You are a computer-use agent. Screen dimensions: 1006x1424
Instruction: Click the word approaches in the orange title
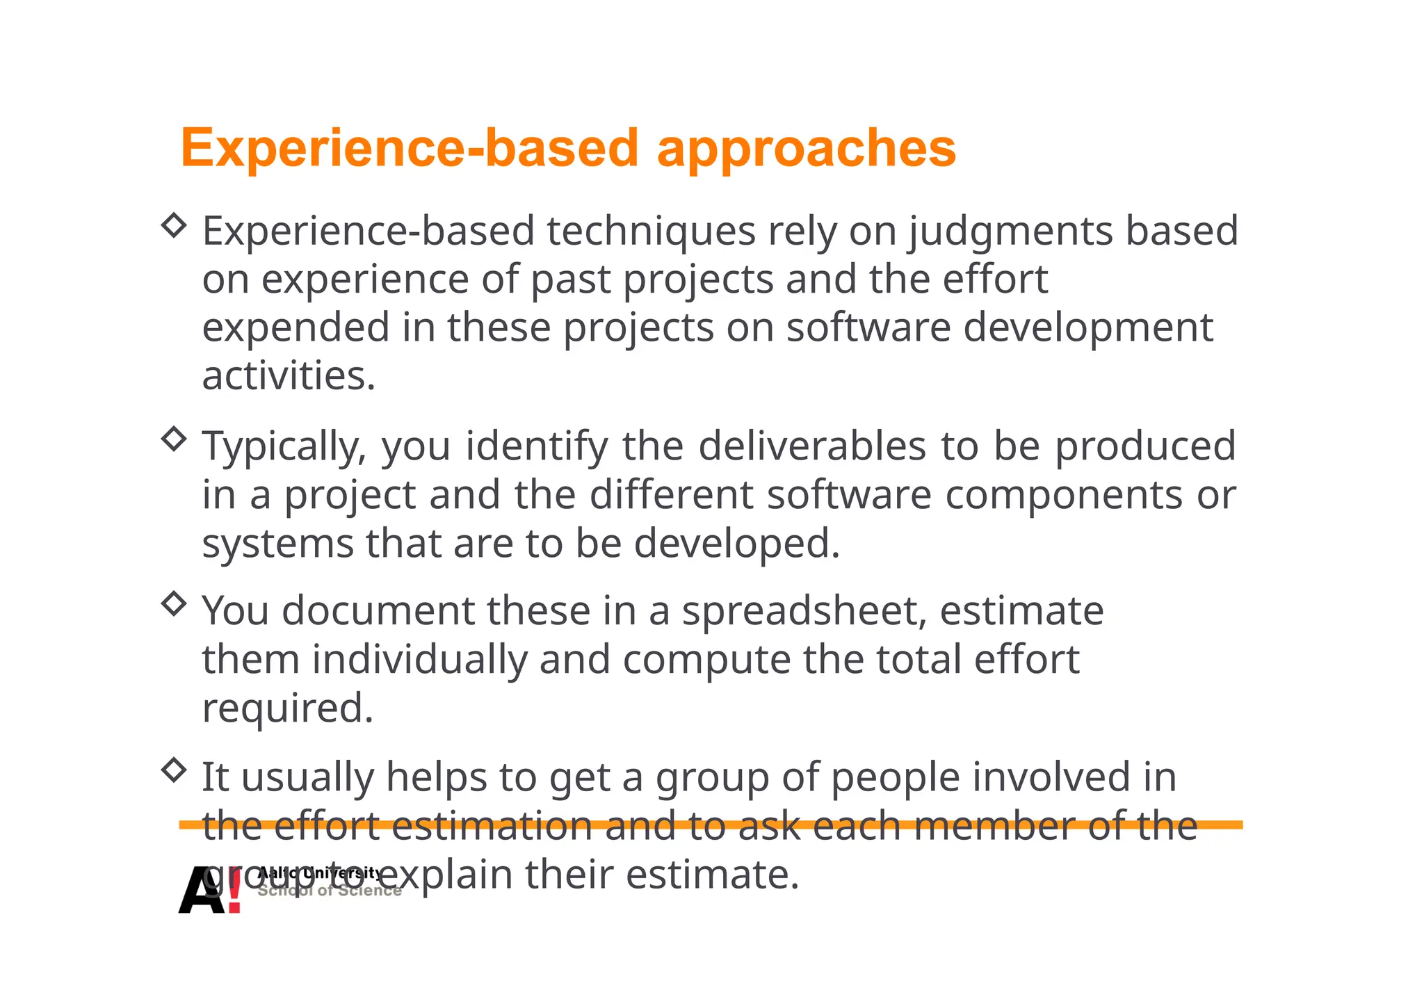click(x=806, y=149)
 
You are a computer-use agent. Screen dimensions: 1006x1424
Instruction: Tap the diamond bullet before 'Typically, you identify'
click(x=173, y=439)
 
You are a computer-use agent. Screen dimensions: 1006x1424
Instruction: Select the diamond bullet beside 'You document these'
click(x=173, y=603)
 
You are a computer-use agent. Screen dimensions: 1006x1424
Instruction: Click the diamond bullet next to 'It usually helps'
click(x=173, y=770)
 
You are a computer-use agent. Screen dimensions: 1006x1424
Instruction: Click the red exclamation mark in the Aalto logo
click(x=234, y=890)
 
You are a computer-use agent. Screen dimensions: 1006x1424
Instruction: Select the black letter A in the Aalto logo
click(x=202, y=891)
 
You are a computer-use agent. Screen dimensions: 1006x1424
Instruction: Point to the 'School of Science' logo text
click(x=330, y=891)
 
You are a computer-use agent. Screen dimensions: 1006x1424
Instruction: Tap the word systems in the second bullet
click(x=277, y=544)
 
